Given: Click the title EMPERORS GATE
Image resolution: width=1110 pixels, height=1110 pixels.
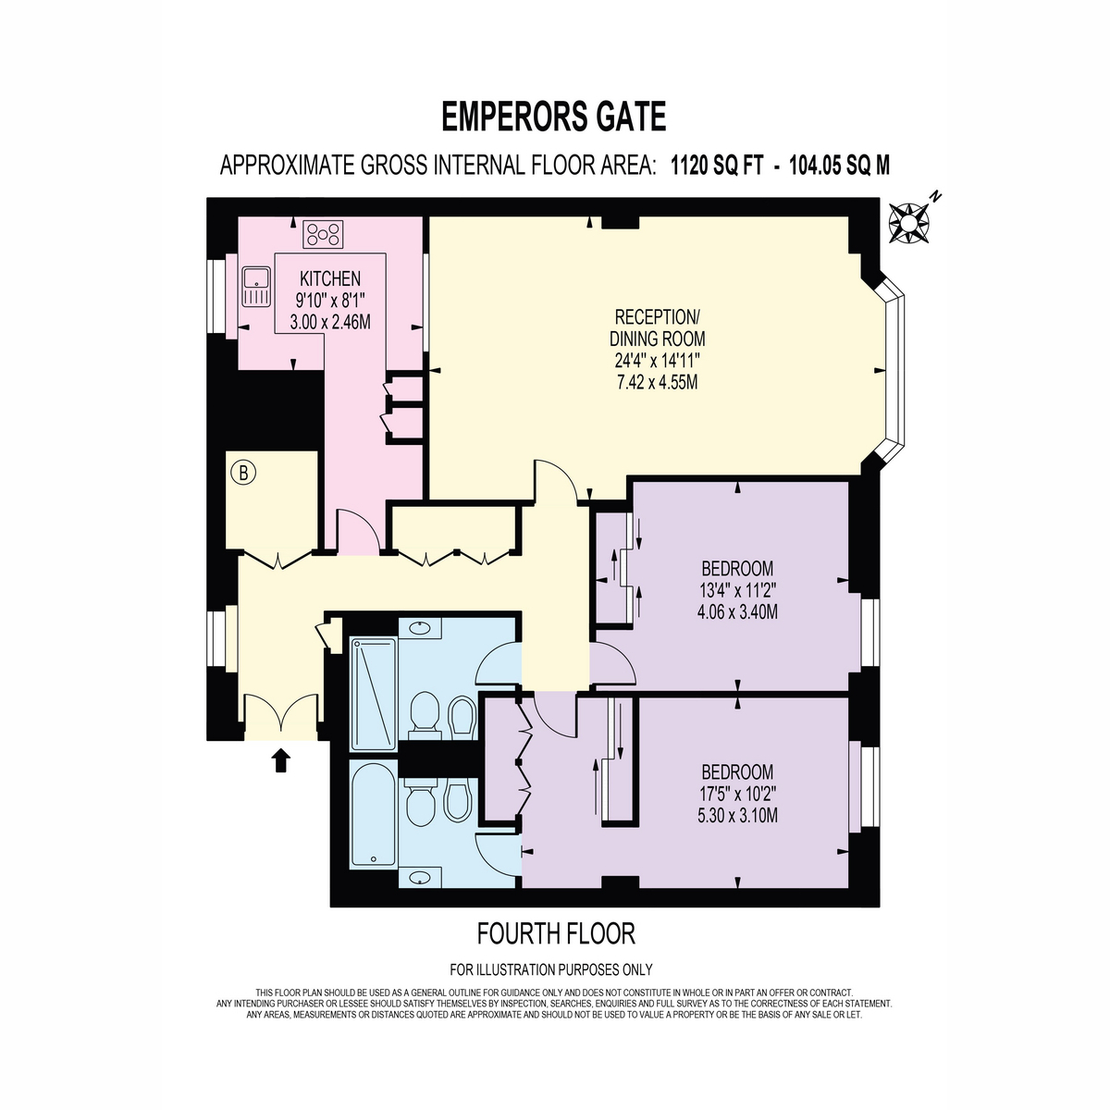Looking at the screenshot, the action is coord(553,117).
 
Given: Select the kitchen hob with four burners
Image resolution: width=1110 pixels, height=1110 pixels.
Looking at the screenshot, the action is coord(323,234).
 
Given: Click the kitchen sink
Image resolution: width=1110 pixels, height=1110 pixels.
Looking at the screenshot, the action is coord(256,286).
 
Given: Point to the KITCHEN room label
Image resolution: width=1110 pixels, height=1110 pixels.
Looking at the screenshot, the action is coord(330,278).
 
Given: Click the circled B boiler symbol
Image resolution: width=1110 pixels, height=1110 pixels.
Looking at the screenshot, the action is coord(243,473).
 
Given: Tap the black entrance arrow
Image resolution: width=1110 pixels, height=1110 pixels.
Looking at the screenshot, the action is coord(280,759).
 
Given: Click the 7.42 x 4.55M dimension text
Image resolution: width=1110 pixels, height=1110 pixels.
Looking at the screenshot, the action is coord(657,382).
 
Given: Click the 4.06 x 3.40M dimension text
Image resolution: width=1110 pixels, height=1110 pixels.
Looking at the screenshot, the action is coord(737,611).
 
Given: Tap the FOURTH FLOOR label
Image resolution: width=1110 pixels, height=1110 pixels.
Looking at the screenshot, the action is coord(556,933).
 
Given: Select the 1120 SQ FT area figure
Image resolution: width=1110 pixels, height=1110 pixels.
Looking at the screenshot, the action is coord(717,166).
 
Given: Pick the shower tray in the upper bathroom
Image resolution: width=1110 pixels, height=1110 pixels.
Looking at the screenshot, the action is coord(374,694).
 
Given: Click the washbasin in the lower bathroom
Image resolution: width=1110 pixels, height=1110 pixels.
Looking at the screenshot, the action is coord(420,877).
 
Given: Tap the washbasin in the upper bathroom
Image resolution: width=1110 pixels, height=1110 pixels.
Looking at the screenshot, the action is coord(420,627).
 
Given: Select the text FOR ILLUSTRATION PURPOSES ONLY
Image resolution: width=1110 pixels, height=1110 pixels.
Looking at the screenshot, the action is coord(551,970).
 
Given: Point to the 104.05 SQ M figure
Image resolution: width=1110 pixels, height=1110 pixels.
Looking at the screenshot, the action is coord(839,166).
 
